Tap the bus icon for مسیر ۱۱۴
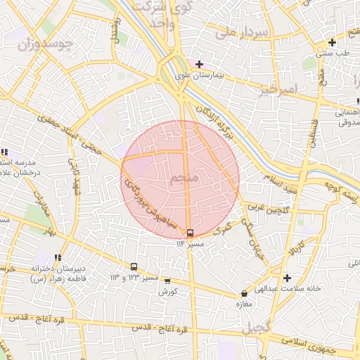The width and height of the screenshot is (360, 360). (190, 233)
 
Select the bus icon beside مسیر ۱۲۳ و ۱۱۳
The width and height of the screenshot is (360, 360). (134, 267)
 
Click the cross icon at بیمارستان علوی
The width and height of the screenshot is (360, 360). (200, 64)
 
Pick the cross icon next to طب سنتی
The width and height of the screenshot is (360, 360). (332, 42)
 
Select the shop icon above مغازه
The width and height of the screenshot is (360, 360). (244, 294)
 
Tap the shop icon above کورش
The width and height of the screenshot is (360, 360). (167, 280)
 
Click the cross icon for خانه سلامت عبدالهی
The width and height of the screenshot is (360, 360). (287, 278)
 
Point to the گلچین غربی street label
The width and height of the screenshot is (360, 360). (264, 208)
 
